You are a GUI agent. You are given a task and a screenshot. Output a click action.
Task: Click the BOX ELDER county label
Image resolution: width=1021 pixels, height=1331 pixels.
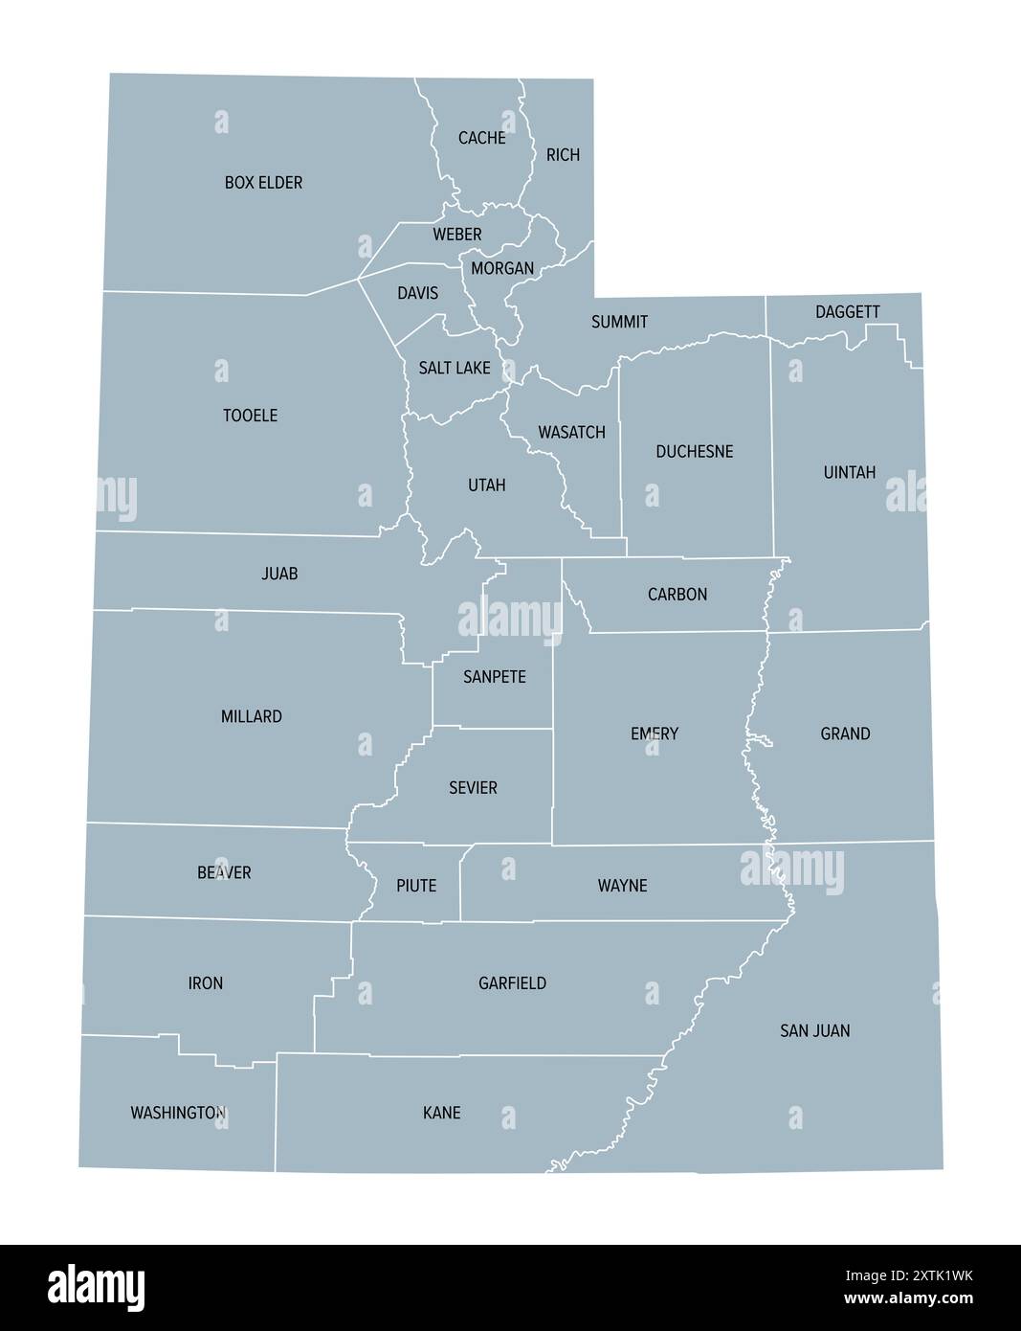[x=263, y=182]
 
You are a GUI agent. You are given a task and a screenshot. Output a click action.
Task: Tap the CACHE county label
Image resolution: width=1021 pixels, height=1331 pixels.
[x=481, y=138]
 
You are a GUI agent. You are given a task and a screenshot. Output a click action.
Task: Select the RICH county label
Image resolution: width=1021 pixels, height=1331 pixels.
[x=563, y=155]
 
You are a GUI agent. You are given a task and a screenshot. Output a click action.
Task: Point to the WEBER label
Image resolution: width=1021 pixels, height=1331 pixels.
[x=456, y=235]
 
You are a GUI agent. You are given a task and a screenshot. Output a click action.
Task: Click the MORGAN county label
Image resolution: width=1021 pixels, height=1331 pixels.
[x=501, y=269]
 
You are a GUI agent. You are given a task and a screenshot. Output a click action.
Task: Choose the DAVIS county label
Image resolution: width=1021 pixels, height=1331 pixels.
[x=417, y=293]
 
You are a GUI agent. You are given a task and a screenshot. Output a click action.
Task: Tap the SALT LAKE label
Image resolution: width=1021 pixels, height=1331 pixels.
[x=454, y=368]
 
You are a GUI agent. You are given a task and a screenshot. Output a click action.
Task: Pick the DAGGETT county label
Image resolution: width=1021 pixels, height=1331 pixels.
[x=847, y=312]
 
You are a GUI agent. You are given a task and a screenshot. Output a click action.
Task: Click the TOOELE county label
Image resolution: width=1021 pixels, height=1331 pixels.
[x=250, y=416]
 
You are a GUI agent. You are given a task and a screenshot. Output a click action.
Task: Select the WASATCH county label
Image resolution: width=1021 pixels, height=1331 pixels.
[x=571, y=433]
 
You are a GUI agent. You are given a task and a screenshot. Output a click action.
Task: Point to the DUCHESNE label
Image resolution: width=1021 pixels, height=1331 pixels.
[x=694, y=452]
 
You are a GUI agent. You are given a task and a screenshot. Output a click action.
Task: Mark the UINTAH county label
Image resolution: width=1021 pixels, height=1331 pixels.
[x=849, y=473]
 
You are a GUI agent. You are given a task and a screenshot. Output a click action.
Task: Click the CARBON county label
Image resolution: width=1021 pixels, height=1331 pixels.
[x=677, y=595]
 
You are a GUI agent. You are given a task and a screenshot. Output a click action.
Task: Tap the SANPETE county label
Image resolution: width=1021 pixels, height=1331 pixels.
[x=494, y=677]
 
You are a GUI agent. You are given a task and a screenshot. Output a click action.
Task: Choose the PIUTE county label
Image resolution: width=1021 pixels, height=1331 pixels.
[x=416, y=886]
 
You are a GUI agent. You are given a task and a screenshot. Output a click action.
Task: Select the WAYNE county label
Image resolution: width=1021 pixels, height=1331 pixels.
[x=622, y=886]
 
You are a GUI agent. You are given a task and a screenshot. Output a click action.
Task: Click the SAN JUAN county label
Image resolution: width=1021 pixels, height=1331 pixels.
[x=814, y=1031]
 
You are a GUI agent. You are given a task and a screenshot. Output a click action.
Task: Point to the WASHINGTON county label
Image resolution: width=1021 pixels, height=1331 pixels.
[x=178, y=1113]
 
